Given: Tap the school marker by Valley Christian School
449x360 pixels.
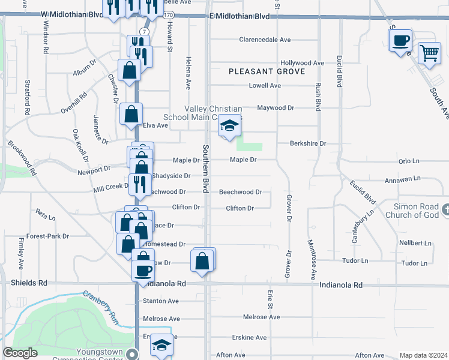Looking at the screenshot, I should click(229, 127).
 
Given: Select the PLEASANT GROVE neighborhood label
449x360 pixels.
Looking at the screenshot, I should click(267, 71).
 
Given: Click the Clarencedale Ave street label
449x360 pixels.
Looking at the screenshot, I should click(265, 40).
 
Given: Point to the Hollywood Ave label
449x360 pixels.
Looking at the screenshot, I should click(303, 63).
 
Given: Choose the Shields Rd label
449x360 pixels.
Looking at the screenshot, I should click(29, 282).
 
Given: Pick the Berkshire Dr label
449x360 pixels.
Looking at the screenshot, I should click(307, 144).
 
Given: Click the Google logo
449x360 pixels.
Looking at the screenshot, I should click(20, 353).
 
